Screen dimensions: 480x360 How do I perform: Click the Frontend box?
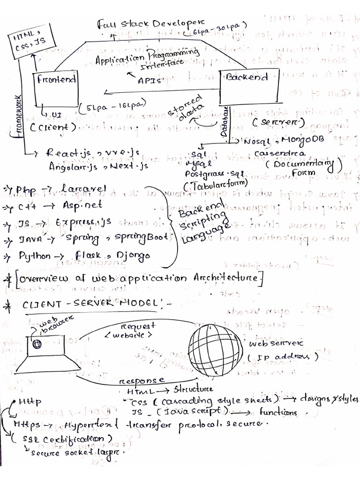pos(55,89)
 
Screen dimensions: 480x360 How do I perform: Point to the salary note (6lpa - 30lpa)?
pos(215,30)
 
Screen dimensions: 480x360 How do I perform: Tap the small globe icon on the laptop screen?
pos(37,344)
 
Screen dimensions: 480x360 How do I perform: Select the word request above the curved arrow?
pos(138,326)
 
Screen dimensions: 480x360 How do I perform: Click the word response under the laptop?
pos(142,380)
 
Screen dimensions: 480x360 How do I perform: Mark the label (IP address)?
pos(283,357)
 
